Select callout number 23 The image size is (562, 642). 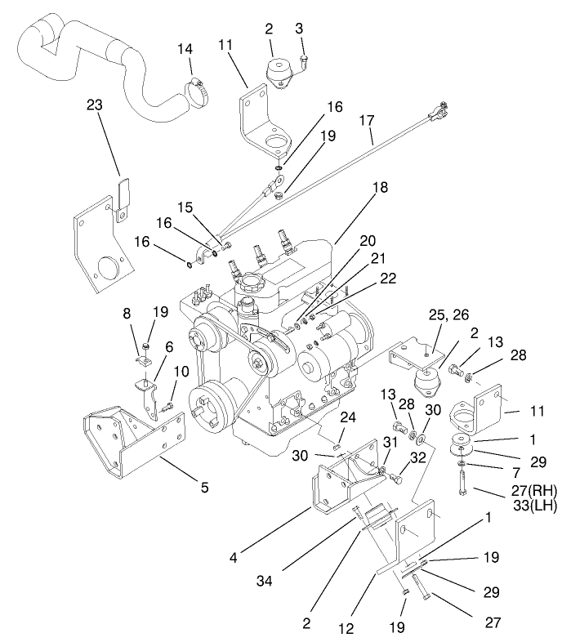coord(96,105)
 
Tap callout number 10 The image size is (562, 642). coord(181,371)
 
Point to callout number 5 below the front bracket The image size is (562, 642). coord(204,488)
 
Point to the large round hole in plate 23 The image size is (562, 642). coord(106,269)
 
